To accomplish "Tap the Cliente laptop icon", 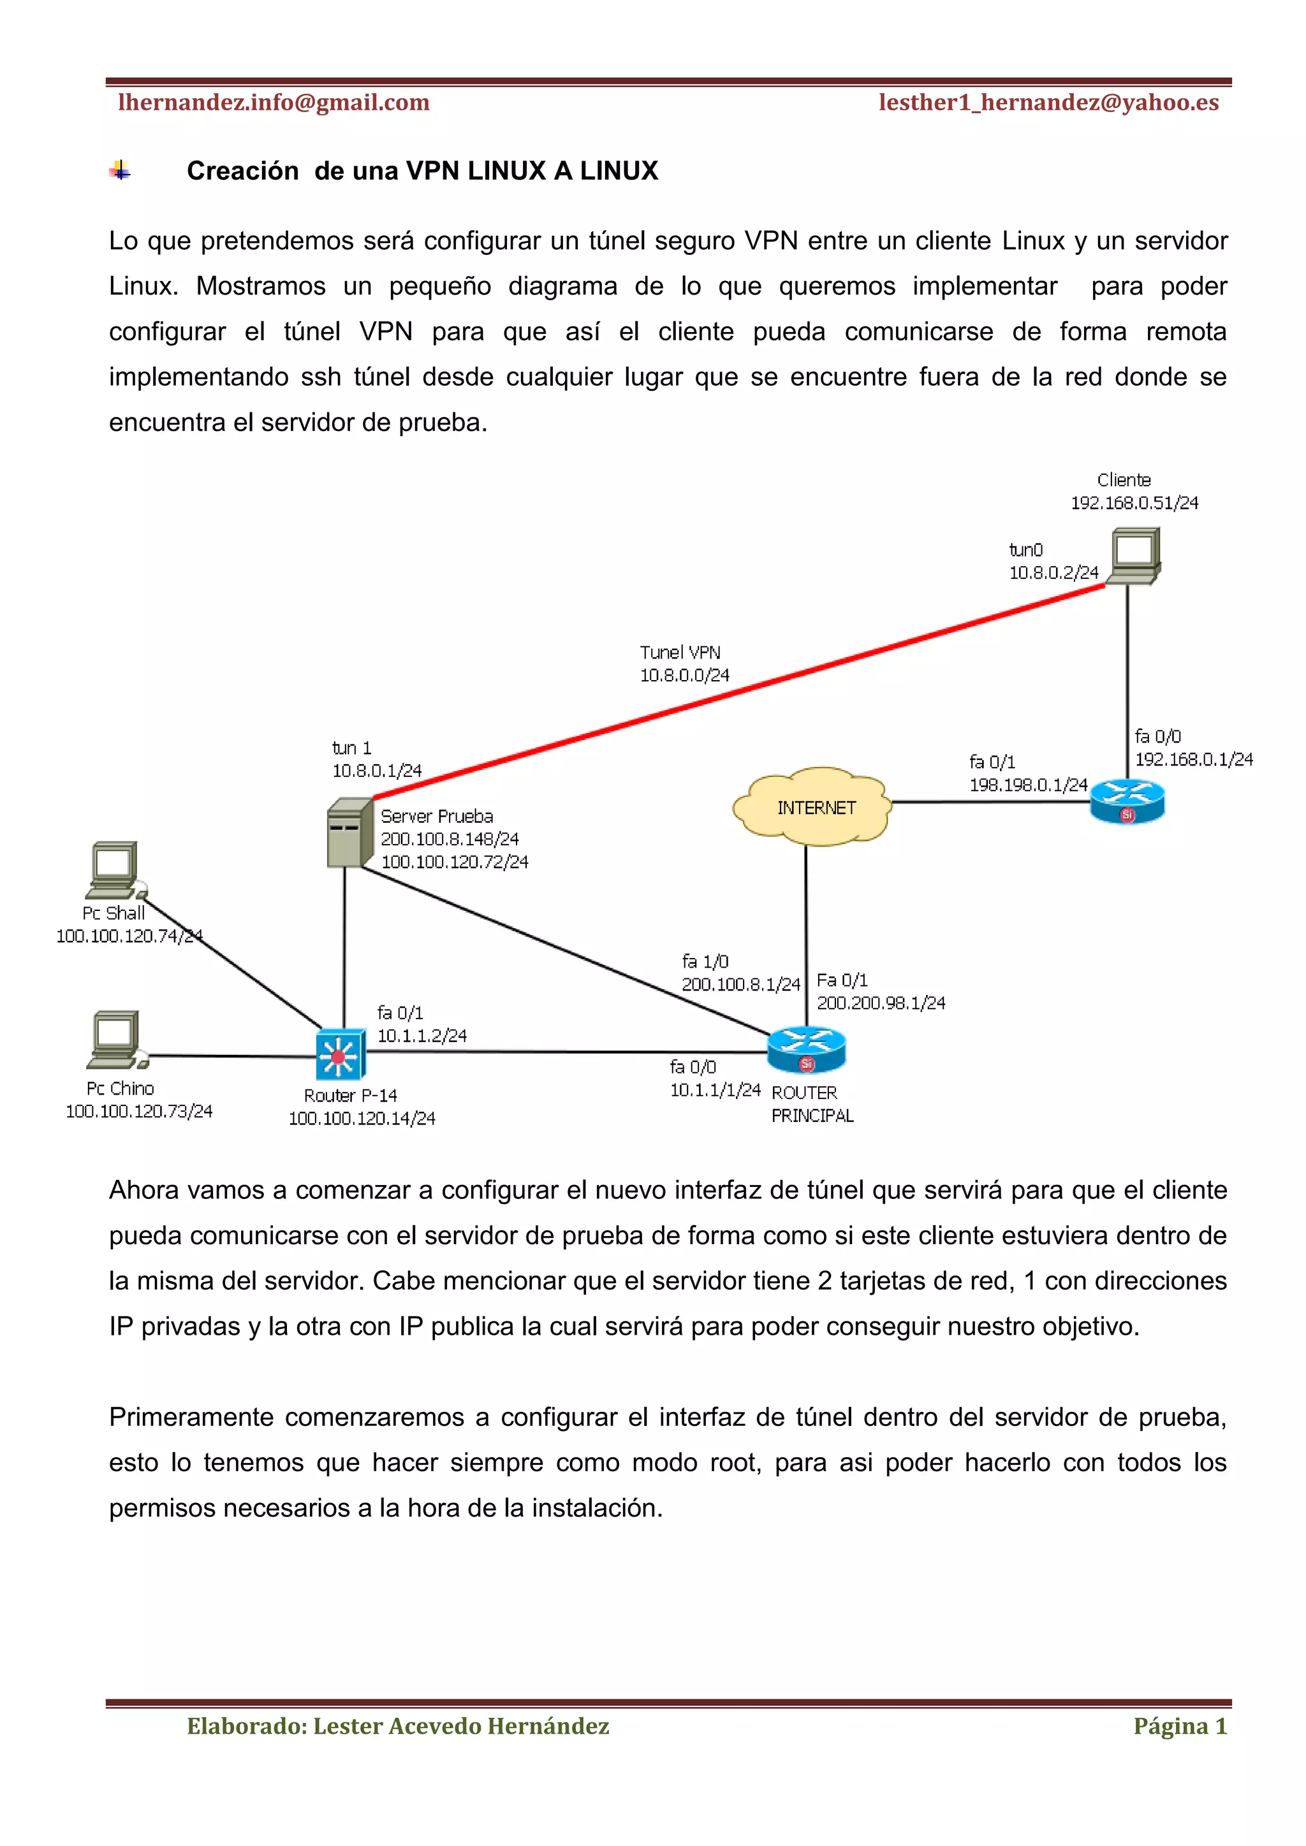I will tap(1133, 556).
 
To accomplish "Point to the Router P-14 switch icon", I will tap(340, 1054).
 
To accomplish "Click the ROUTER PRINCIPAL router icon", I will tap(807, 1050).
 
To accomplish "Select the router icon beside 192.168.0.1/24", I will tap(1127, 802).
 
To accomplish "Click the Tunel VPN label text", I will tap(680, 652).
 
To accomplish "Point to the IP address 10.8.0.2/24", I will tap(1053, 572).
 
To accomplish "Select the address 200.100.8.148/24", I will tap(450, 839).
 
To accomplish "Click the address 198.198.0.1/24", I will tap(1028, 784).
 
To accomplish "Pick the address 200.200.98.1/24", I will tap(881, 1003).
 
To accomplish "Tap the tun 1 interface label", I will tap(351, 748).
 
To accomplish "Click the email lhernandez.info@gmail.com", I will tap(274, 103).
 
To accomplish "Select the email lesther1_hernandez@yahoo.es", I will tap(1048, 103).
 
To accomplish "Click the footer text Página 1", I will tap(1180, 1726).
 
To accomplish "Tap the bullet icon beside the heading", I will tap(121, 170).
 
